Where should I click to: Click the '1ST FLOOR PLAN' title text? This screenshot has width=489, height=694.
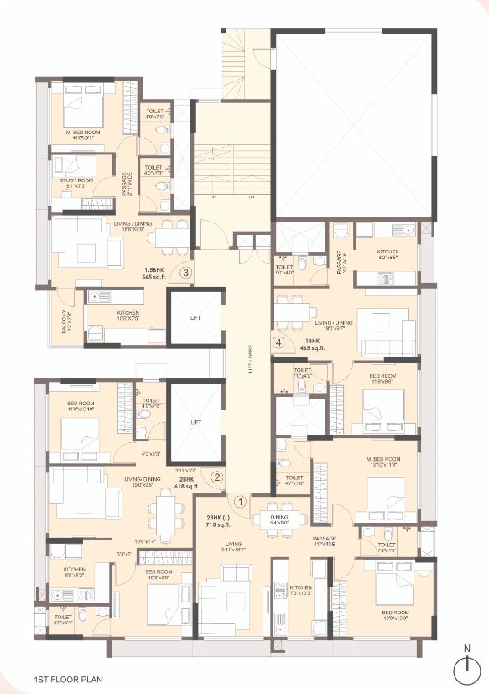pos(68,676)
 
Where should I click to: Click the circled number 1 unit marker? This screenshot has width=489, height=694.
pos(239,503)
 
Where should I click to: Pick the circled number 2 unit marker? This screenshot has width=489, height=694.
pos(216,477)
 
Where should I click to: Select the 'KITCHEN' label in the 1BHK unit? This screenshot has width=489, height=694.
pos(388,253)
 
